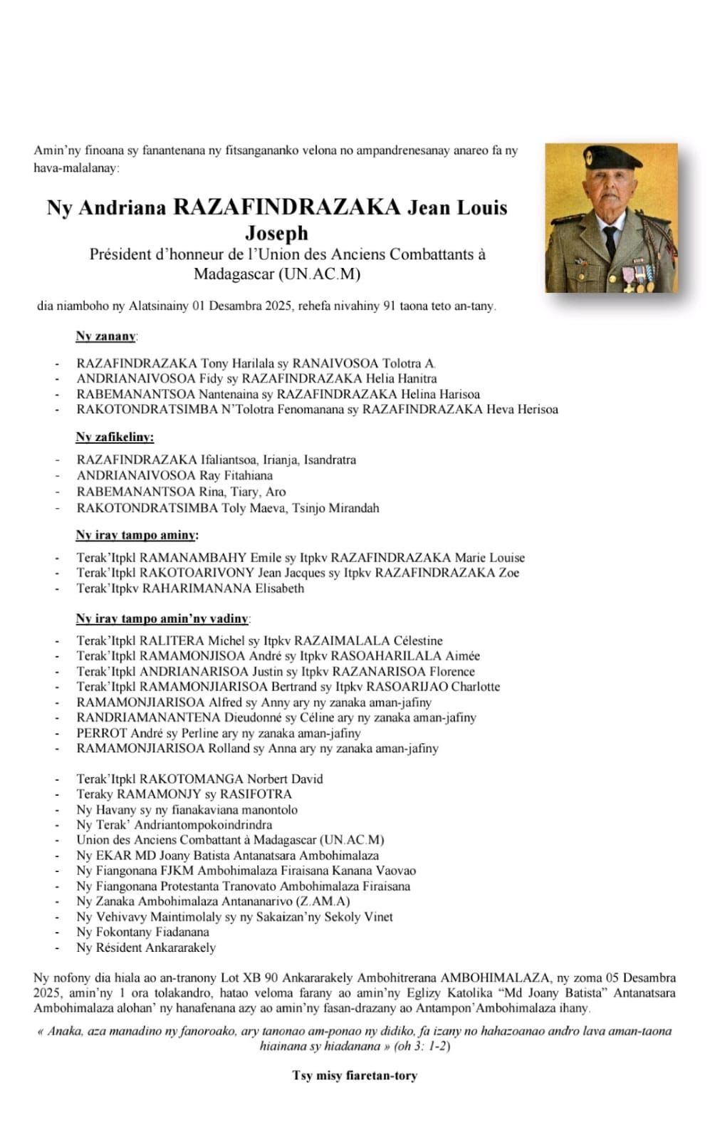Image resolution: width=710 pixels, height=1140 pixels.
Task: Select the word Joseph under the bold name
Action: click(x=277, y=232)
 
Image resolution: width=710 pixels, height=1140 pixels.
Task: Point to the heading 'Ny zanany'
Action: click(x=106, y=336)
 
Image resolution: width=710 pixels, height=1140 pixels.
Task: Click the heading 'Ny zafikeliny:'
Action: click(x=115, y=437)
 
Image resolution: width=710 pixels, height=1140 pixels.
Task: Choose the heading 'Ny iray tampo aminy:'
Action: click(x=137, y=535)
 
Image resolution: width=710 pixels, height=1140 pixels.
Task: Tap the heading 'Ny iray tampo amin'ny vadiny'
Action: click(x=162, y=618)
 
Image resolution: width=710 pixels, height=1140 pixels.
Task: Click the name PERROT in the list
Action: click(x=102, y=732)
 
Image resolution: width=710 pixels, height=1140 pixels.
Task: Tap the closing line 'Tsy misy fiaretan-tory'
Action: click(x=354, y=1075)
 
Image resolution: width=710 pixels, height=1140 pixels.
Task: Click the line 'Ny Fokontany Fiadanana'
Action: click(x=142, y=932)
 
